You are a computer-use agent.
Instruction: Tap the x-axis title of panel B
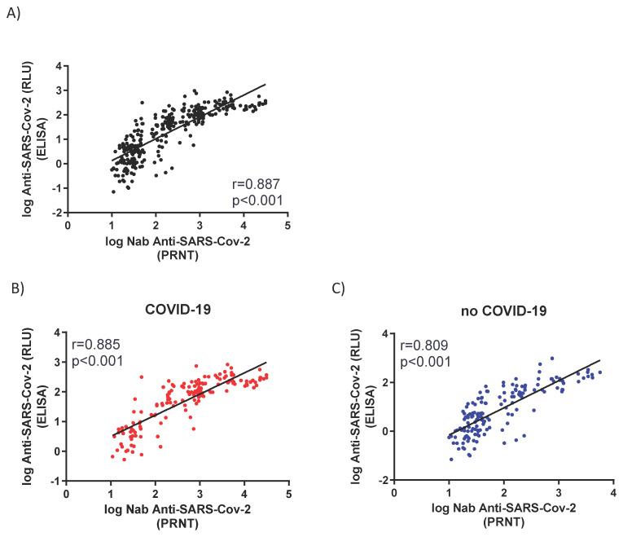175,515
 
